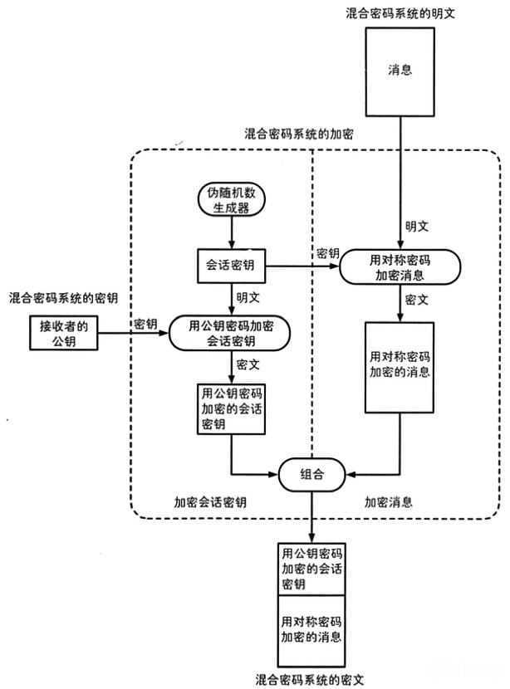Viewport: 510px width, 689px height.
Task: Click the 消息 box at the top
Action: coord(401,71)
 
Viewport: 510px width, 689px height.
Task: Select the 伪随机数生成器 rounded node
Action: coord(230,200)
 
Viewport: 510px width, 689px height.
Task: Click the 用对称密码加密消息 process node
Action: coord(400,266)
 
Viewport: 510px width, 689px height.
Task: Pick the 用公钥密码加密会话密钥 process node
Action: coord(230,334)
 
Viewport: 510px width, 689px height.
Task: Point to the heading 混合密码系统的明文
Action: coord(401,14)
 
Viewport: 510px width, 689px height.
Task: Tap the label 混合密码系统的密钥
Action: coord(63,297)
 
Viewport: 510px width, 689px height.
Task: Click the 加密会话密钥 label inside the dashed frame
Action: coord(210,502)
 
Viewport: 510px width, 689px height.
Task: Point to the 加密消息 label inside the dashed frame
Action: coord(390,502)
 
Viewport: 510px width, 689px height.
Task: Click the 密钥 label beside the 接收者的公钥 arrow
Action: coord(146,323)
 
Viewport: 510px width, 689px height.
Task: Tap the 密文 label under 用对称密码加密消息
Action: coord(416,299)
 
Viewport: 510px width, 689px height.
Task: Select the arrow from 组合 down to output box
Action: coord(311,516)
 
